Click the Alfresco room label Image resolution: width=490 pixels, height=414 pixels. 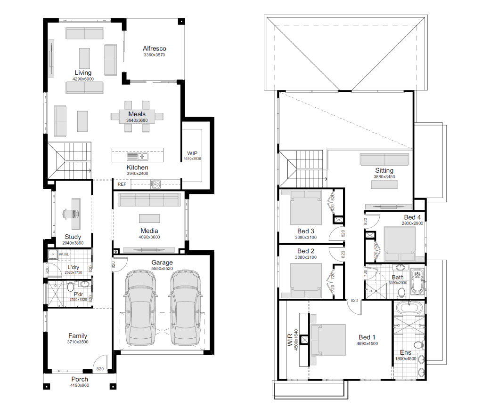[x=155, y=48]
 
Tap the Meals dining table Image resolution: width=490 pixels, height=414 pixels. [x=137, y=117]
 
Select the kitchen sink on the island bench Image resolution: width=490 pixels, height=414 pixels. [x=138, y=156]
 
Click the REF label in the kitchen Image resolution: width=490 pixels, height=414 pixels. [x=122, y=184]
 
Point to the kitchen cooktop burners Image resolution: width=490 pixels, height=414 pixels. [x=155, y=184]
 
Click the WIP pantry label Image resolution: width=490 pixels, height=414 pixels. [x=192, y=153]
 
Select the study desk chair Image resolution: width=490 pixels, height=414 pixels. [x=66, y=214]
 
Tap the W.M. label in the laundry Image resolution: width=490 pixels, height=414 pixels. [x=64, y=254]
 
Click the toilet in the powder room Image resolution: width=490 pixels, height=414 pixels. [x=70, y=286]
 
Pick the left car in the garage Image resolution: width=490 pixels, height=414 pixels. [x=140, y=308]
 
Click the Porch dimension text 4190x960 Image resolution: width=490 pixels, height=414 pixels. [x=80, y=385]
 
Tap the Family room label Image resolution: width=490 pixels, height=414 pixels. [x=78, y=336]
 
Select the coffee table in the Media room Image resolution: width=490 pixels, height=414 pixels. [x=149, y=218]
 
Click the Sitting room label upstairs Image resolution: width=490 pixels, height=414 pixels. [x=384, y=170]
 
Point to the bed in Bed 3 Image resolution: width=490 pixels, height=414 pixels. [x=306, y=207]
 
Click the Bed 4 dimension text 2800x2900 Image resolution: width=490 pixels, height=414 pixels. [x=413, y=223]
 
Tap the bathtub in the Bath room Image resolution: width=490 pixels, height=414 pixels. [x=417, y=281]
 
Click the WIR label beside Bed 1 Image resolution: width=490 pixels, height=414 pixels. [x=290, y=340]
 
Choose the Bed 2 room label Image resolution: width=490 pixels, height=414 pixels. [x=306, y=251]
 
